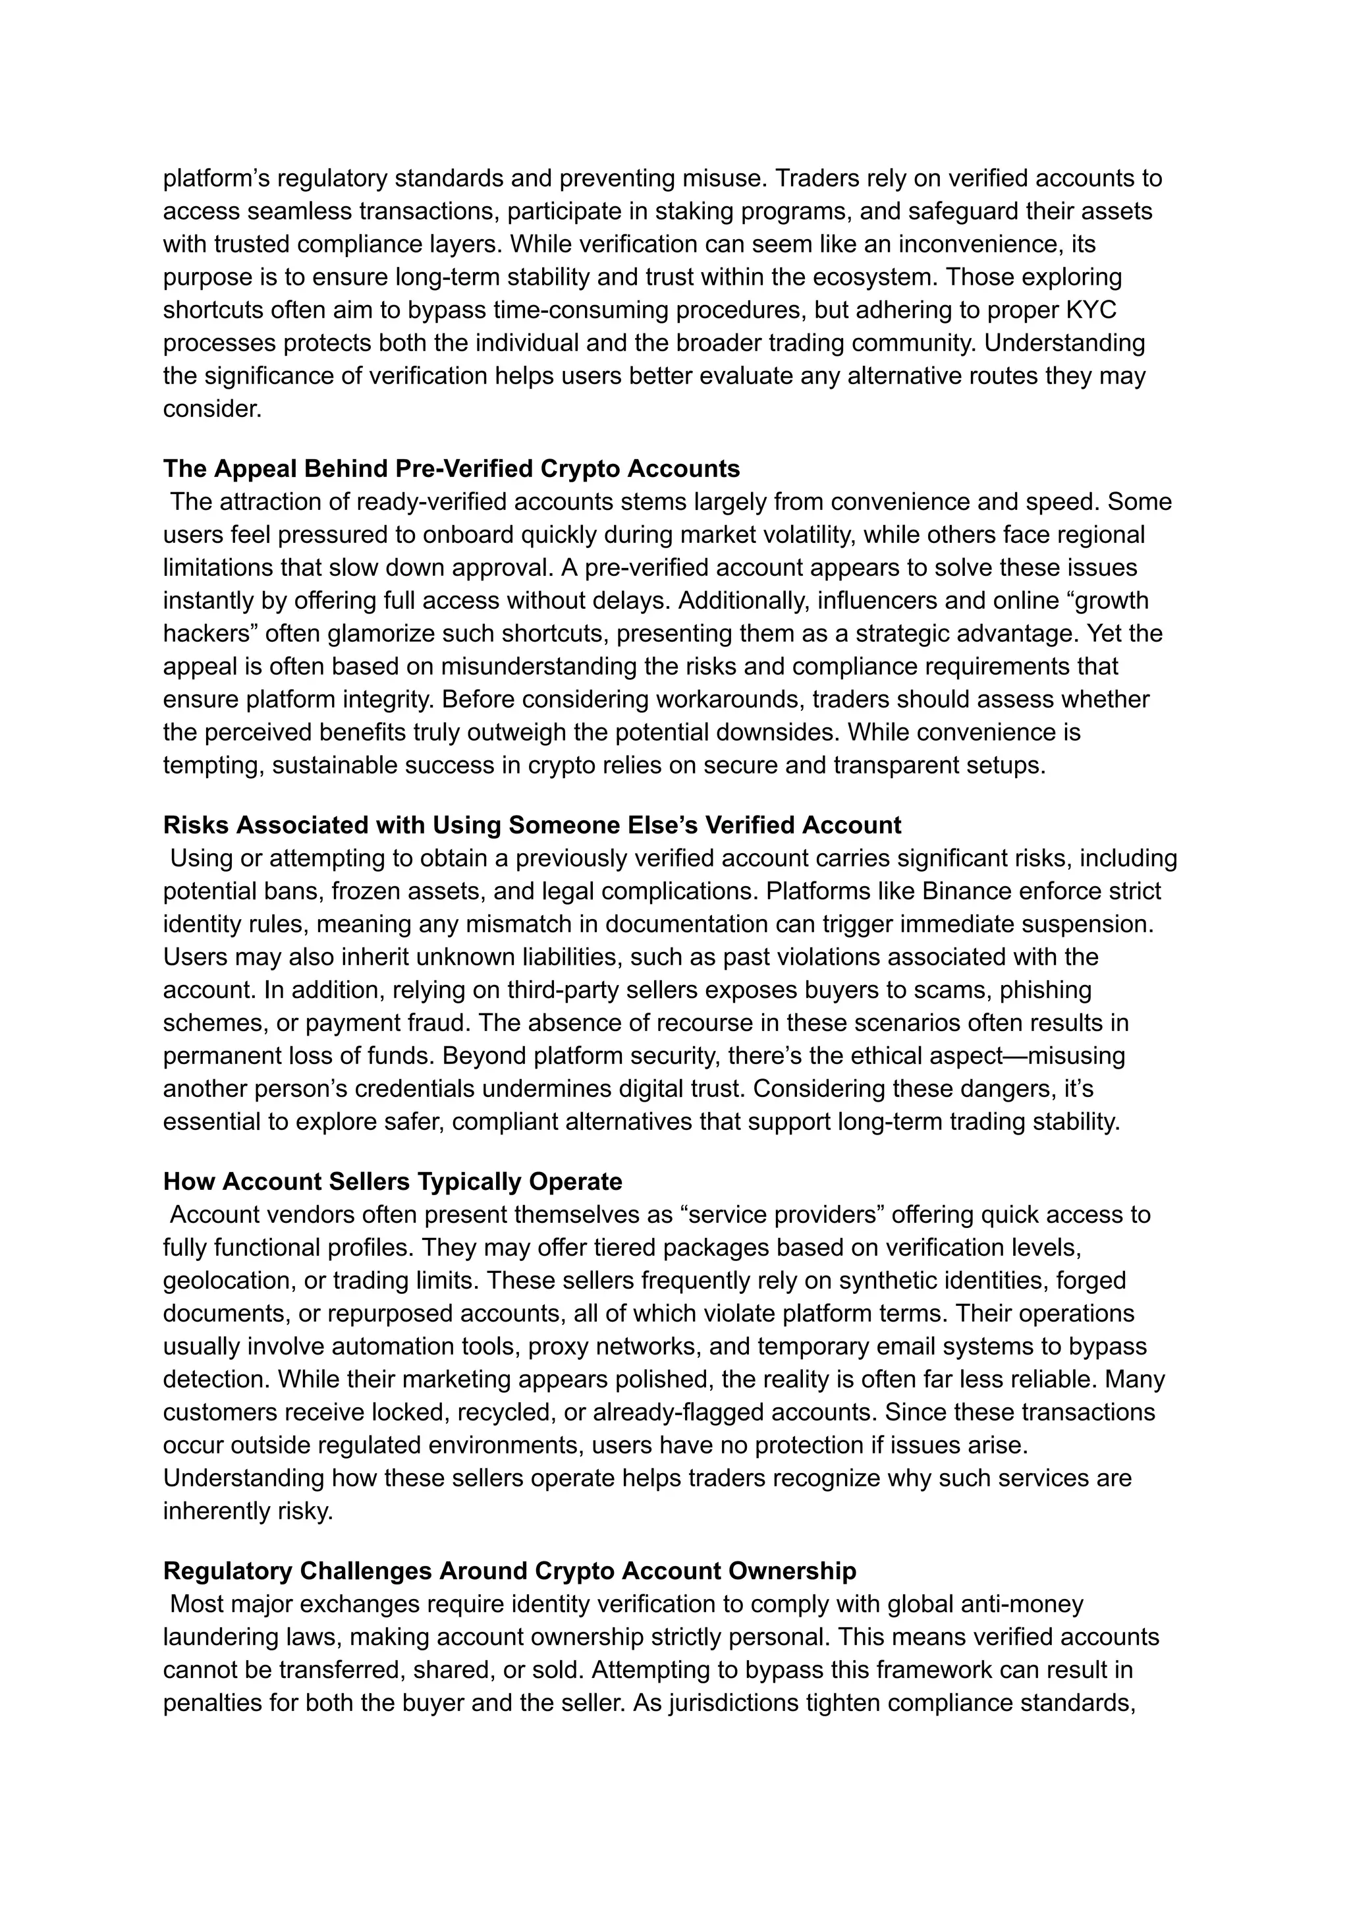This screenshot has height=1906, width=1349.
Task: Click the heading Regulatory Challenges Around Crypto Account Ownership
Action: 509,1571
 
